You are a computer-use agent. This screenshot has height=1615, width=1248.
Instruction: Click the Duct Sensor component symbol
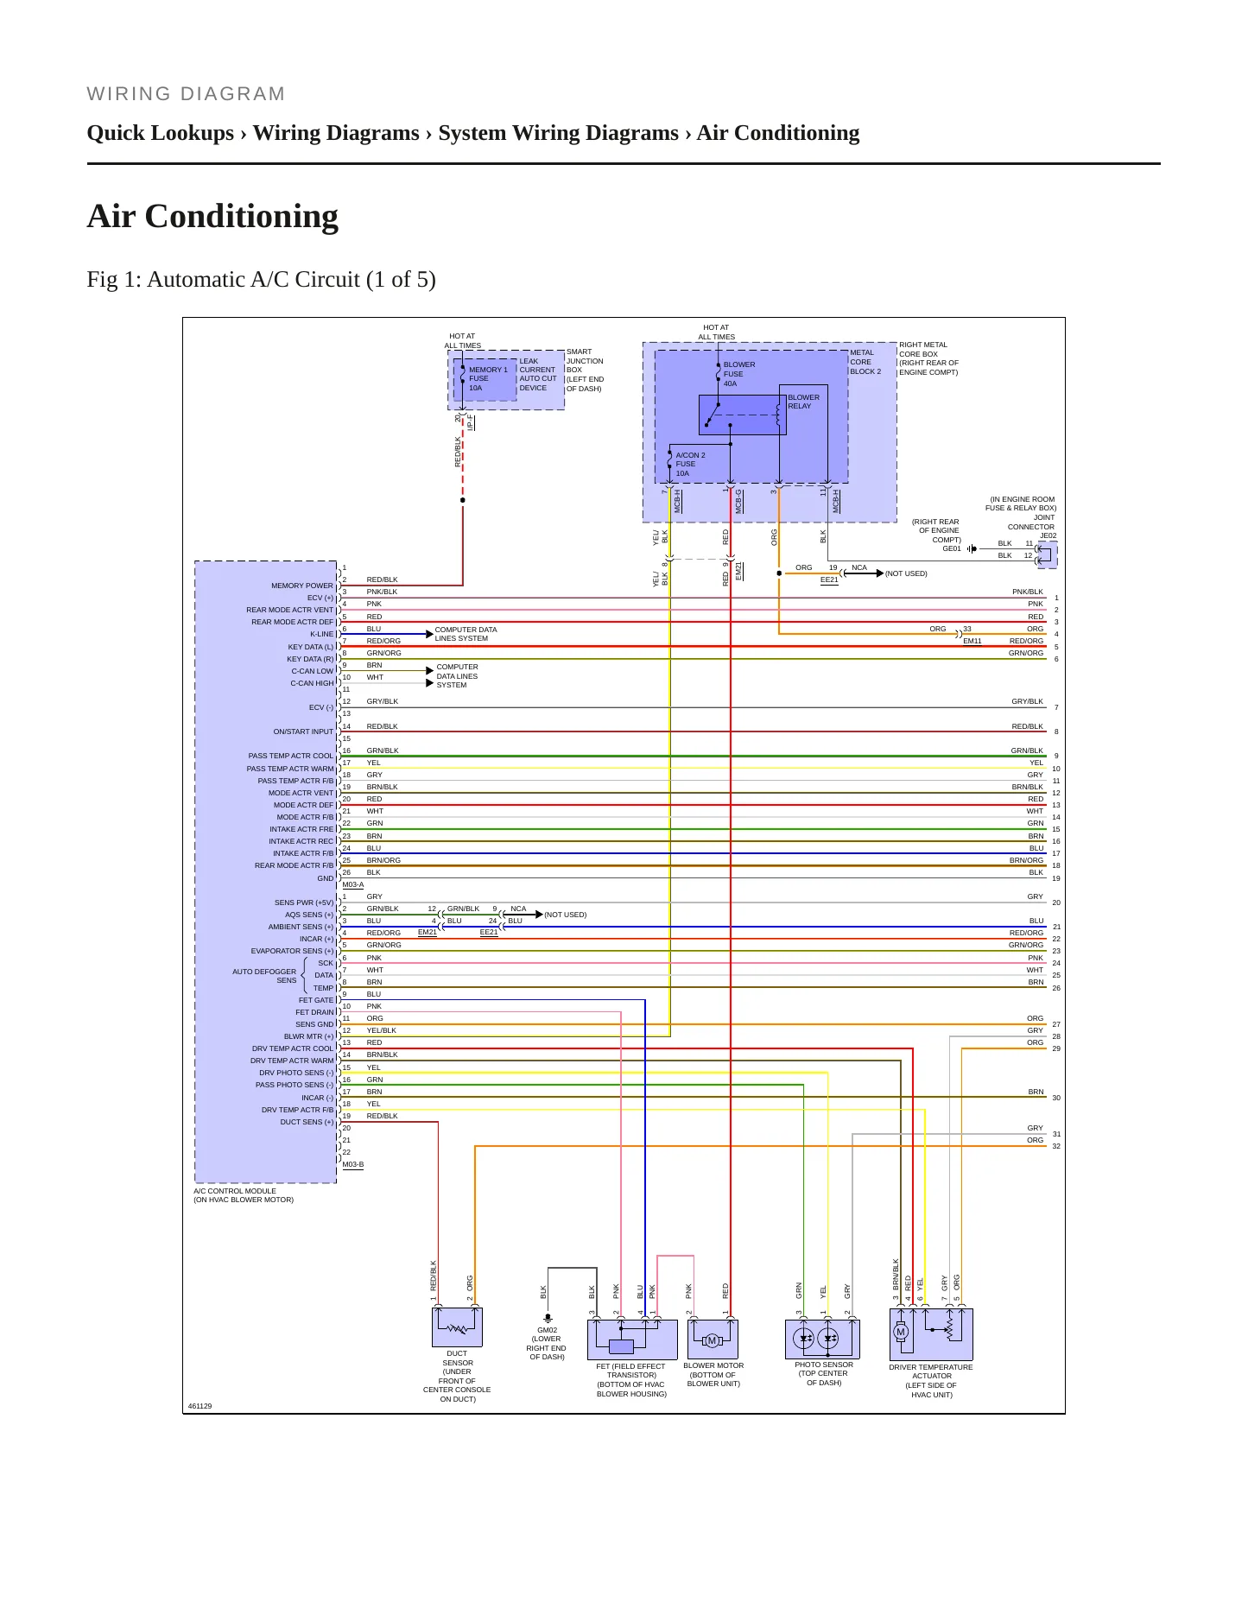point(457,1327)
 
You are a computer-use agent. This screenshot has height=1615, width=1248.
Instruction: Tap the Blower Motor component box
point(713,1339)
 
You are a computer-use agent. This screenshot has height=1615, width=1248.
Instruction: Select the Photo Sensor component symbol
point(822,1339)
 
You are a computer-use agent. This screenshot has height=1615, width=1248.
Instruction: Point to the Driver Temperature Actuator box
point(931,1334)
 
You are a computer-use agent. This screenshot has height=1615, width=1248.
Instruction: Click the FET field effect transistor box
point(632,1339)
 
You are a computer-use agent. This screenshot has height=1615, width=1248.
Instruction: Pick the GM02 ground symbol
point(547,1319)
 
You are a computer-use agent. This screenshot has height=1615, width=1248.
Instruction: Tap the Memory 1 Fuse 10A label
point(488,378)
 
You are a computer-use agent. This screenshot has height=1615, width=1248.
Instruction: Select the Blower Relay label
point(803,402)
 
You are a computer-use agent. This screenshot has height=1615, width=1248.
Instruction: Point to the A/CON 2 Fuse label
point(690,464)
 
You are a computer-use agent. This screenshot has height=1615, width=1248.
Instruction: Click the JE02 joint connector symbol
point(1046,554)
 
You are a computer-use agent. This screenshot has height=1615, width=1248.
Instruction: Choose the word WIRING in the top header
point(130,93)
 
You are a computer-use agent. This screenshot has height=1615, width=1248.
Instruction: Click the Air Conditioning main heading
point(212,216)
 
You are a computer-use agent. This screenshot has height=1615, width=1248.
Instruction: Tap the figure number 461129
point(200,1406)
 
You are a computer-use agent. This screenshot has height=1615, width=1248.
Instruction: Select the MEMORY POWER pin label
point(302,586)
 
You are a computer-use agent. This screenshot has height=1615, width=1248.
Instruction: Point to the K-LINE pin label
point(321,634)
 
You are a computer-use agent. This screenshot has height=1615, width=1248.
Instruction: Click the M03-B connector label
point(353,1164)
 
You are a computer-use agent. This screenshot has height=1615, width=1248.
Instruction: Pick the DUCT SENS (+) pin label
point(307,1122)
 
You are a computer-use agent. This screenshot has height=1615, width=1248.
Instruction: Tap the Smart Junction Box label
point(585,370)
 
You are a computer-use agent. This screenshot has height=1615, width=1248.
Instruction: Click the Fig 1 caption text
point(261,280)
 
